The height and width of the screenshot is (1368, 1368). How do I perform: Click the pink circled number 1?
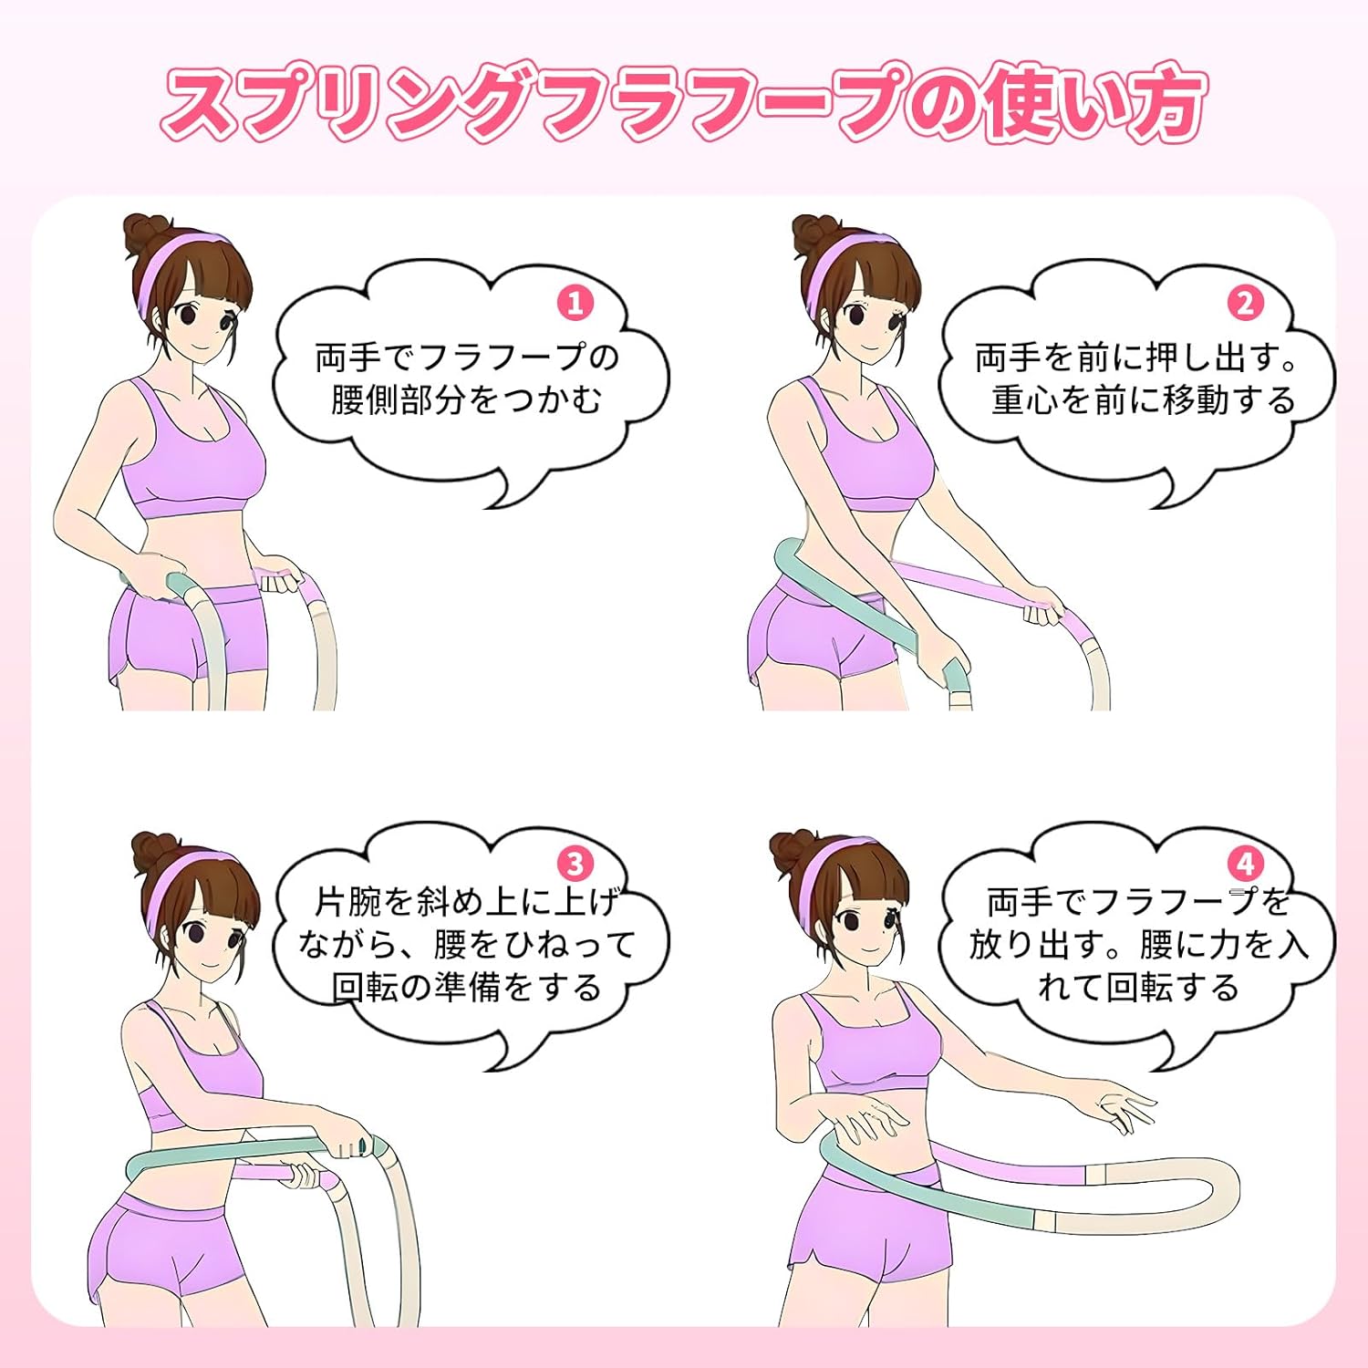pyautogui.click(x=575, y=303)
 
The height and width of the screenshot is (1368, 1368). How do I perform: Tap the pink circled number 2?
pyautogui.click(x=1245, y=303)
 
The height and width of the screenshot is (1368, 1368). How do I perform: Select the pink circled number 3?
pyautogui.click(x=575, y=863)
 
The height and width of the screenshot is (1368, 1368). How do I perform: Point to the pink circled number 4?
pyautogui.click(x=1245, y=863)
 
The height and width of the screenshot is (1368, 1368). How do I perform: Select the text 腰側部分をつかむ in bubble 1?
pyautogui.click(x=466, y=400)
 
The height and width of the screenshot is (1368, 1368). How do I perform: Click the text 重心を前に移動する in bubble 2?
pyautogui.click(x=1144, y=400)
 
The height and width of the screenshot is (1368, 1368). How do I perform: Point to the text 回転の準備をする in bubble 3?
pyautogui.click(x=466, y=987)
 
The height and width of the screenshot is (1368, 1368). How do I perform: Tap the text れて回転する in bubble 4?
pyautogui.click(x=1138, y=987)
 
